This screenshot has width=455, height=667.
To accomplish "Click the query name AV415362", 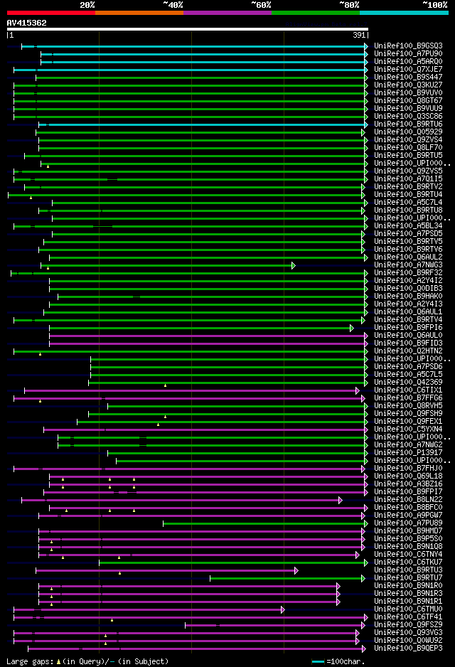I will [x=27, y=23].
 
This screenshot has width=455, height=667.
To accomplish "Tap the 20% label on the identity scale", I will [x=87, y=4].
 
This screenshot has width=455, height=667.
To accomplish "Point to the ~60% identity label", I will [x=261, y=4].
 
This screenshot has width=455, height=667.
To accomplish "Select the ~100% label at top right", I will [x=435, y=4].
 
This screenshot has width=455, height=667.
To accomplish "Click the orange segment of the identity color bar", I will [x=139, y=12].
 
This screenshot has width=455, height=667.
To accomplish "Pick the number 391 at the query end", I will [x=360, y=35].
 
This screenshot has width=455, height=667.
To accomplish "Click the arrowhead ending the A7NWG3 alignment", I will [x=293, y=265].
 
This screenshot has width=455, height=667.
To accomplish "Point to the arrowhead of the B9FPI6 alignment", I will [x=351, y=328].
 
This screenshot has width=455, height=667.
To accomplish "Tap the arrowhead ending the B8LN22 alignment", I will [x=341, y=500].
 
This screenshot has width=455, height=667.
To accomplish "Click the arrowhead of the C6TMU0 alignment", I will [x=282, y=609].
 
